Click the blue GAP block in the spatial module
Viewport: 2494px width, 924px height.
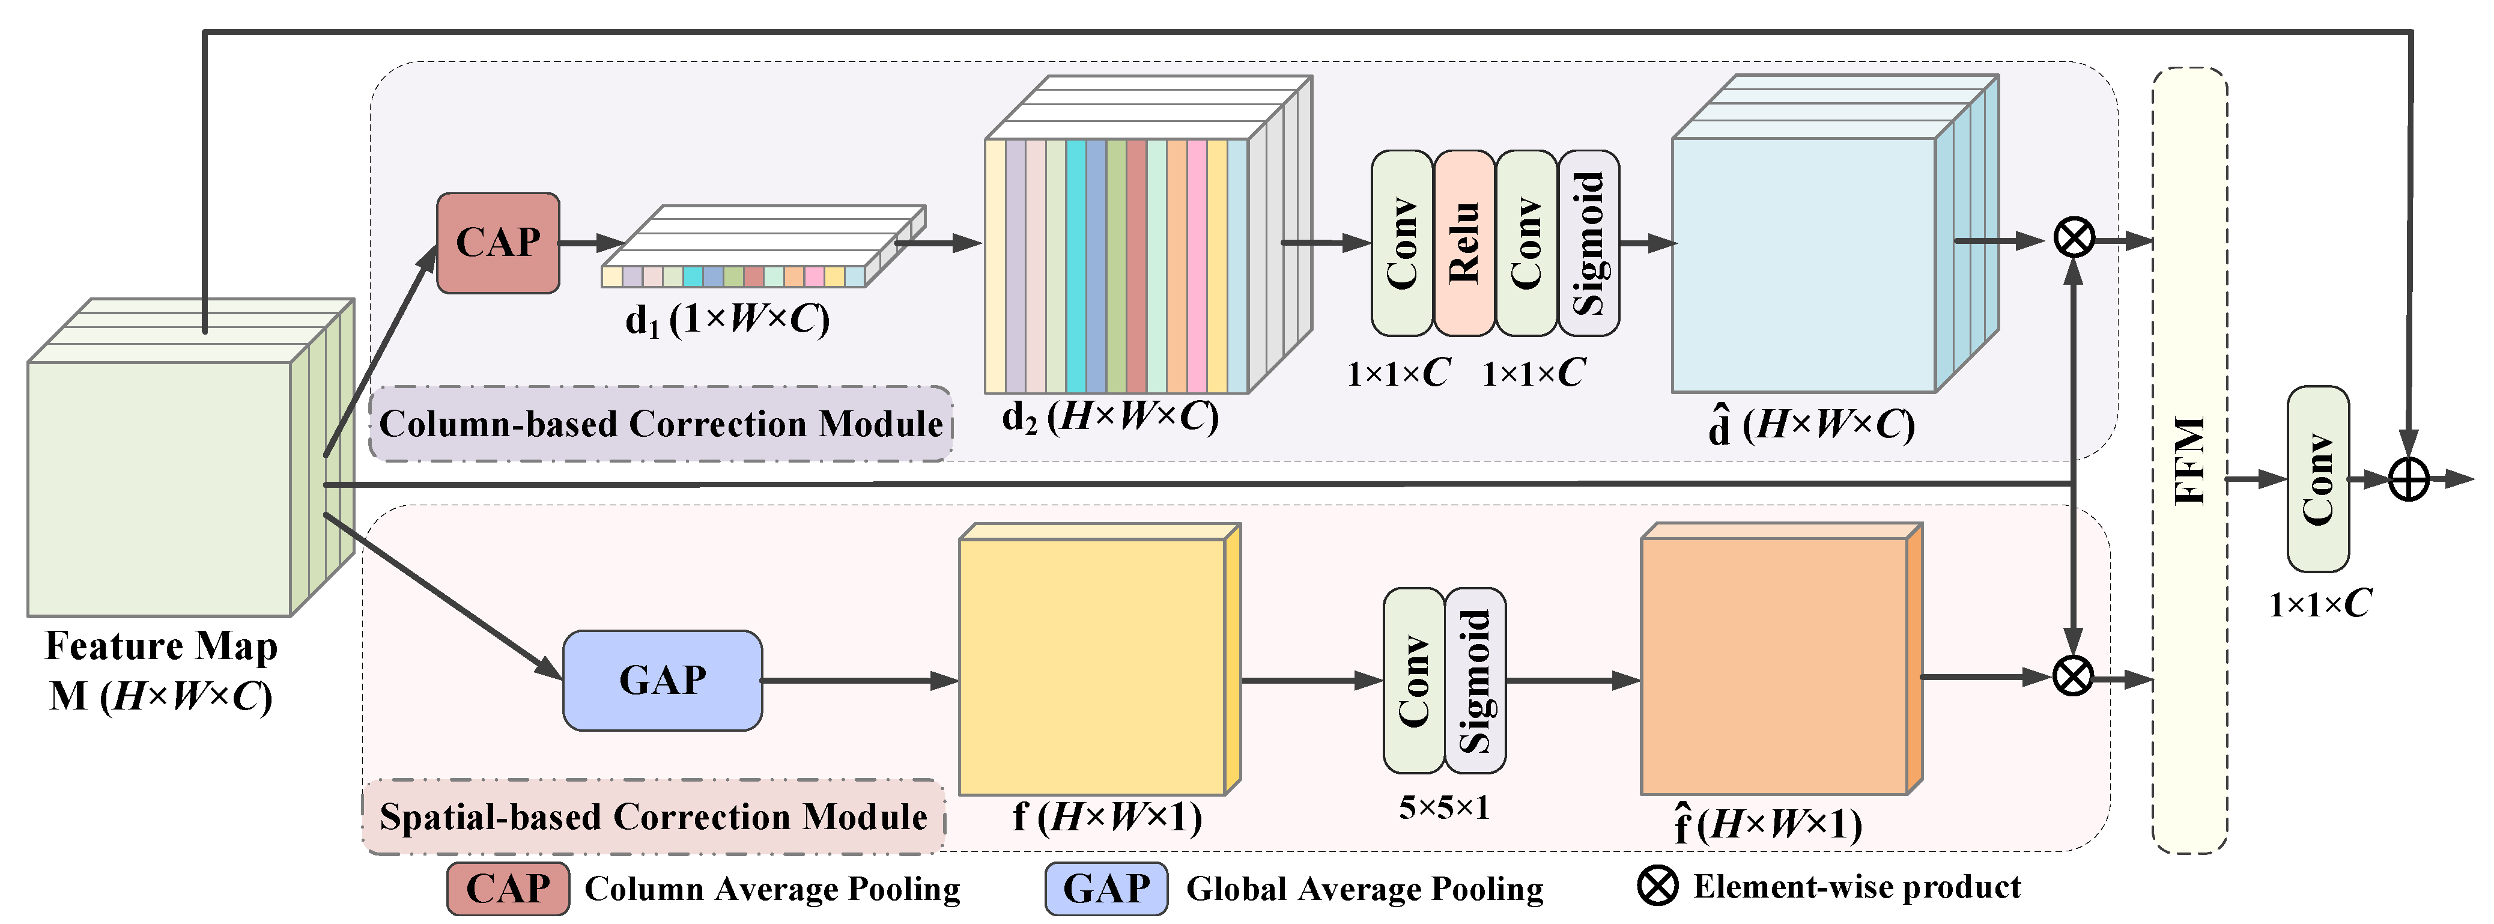point(662,680)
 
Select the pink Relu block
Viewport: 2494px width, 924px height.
point(1464,243)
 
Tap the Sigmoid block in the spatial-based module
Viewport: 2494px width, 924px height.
point(1475,680)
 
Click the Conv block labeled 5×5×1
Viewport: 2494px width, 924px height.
point(1413,680)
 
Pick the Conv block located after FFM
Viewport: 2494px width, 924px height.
point(2318,479)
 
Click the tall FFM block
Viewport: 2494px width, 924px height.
point(2189,461)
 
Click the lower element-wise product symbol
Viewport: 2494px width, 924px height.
point(2073,676)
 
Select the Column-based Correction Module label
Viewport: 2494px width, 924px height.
point(660,424)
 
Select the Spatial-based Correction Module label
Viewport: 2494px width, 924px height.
point(654,816)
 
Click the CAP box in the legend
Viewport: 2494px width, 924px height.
point(508,888)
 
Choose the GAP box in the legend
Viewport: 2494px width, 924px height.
point(1106,888)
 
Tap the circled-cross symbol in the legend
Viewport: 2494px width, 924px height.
point(1657,886)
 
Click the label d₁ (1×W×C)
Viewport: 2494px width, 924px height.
point(727,318)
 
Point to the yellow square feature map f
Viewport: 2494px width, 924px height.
point(1092,666)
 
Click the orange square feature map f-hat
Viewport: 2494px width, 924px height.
point(1774,666)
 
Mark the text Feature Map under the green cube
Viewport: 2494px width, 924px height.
point(162,646)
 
